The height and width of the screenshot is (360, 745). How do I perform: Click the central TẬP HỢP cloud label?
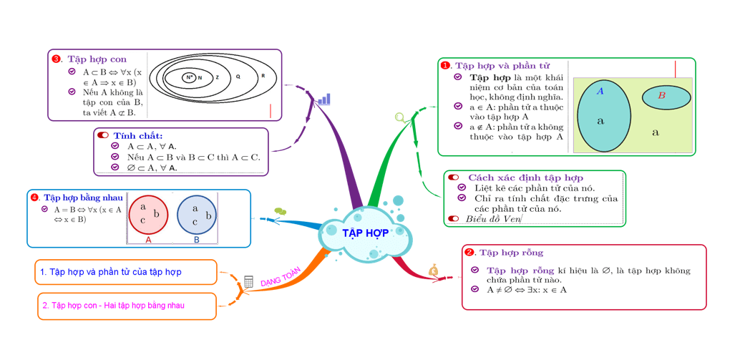click(365, 233)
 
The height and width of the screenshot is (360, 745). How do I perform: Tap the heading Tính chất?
click(137, 135)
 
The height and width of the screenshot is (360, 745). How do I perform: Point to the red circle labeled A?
click(148, 215)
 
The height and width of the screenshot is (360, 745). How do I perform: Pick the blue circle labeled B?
click(197, 215)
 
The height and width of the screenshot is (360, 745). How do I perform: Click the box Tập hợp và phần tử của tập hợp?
click(125, 272)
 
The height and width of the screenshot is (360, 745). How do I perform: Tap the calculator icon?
click(248, 282)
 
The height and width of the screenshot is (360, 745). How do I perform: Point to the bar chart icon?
click(324, 99)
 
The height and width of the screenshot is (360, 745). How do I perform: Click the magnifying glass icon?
click(400, 117)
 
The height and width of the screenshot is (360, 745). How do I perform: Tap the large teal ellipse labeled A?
click(603, 117)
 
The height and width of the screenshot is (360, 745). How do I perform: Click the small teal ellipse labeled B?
click(666, 97)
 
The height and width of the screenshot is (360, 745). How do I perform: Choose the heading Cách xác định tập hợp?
click(525, 177)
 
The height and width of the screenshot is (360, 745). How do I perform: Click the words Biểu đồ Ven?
click(493, 218)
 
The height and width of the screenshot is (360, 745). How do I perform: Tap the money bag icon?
click(434, 270)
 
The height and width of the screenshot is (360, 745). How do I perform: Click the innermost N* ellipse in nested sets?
click(190, 77)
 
